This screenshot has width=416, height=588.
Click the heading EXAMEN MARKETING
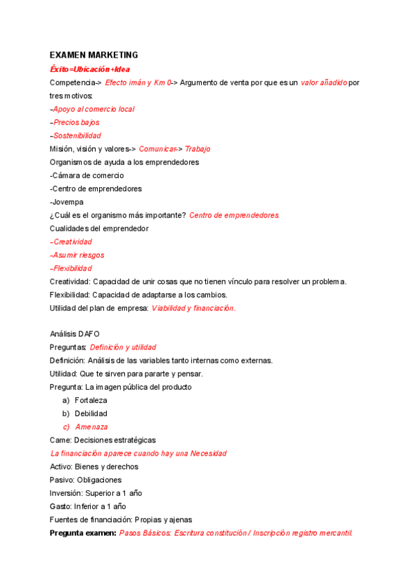(94, 55)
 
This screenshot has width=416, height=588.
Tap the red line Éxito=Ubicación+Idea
(89, 69)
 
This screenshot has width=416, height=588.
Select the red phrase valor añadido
(324, 83)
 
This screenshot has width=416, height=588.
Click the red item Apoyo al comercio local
(93, 109)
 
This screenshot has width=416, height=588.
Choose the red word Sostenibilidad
(76, 135)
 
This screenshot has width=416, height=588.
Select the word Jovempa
(68, 202)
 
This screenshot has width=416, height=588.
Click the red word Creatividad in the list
(72, 241)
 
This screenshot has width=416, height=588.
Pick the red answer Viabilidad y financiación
(193, 308)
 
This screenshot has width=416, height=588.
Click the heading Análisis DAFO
(75, 334)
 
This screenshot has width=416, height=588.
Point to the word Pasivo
(61, 480)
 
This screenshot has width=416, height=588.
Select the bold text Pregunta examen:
(82, 533)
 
